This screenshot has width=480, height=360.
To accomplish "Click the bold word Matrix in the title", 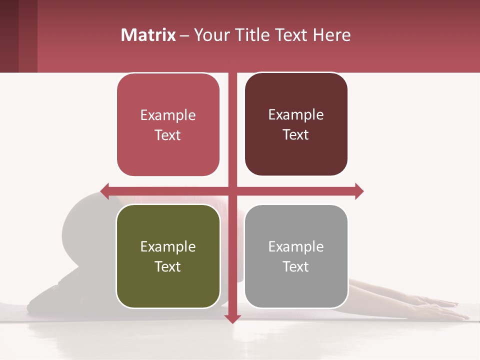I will tap(148, 35).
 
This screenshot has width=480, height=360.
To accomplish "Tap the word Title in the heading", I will tap(251, 35).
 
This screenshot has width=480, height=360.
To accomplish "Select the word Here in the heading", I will tap(332, 35).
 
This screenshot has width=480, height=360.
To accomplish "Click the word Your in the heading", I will tap(212, 35).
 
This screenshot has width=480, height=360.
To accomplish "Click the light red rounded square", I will tap(168, 125).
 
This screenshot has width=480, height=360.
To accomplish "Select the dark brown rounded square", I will tap(296, 124).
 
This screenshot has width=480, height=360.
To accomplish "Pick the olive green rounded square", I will tap(168, 256).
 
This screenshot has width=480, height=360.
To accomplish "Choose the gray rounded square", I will tap(296, 256).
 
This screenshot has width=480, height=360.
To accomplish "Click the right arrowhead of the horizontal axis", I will tap(359, 191).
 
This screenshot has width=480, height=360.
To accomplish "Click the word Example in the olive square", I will tap(168, 246).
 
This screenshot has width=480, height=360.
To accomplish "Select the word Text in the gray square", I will tap(296, 266).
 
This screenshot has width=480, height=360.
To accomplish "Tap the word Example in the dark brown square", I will tap(296, 114).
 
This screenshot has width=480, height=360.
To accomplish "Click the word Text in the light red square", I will tap(168, 135).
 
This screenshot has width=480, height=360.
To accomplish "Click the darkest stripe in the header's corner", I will tap(9, 36).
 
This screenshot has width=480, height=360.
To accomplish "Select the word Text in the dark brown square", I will tap(296, 134).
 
